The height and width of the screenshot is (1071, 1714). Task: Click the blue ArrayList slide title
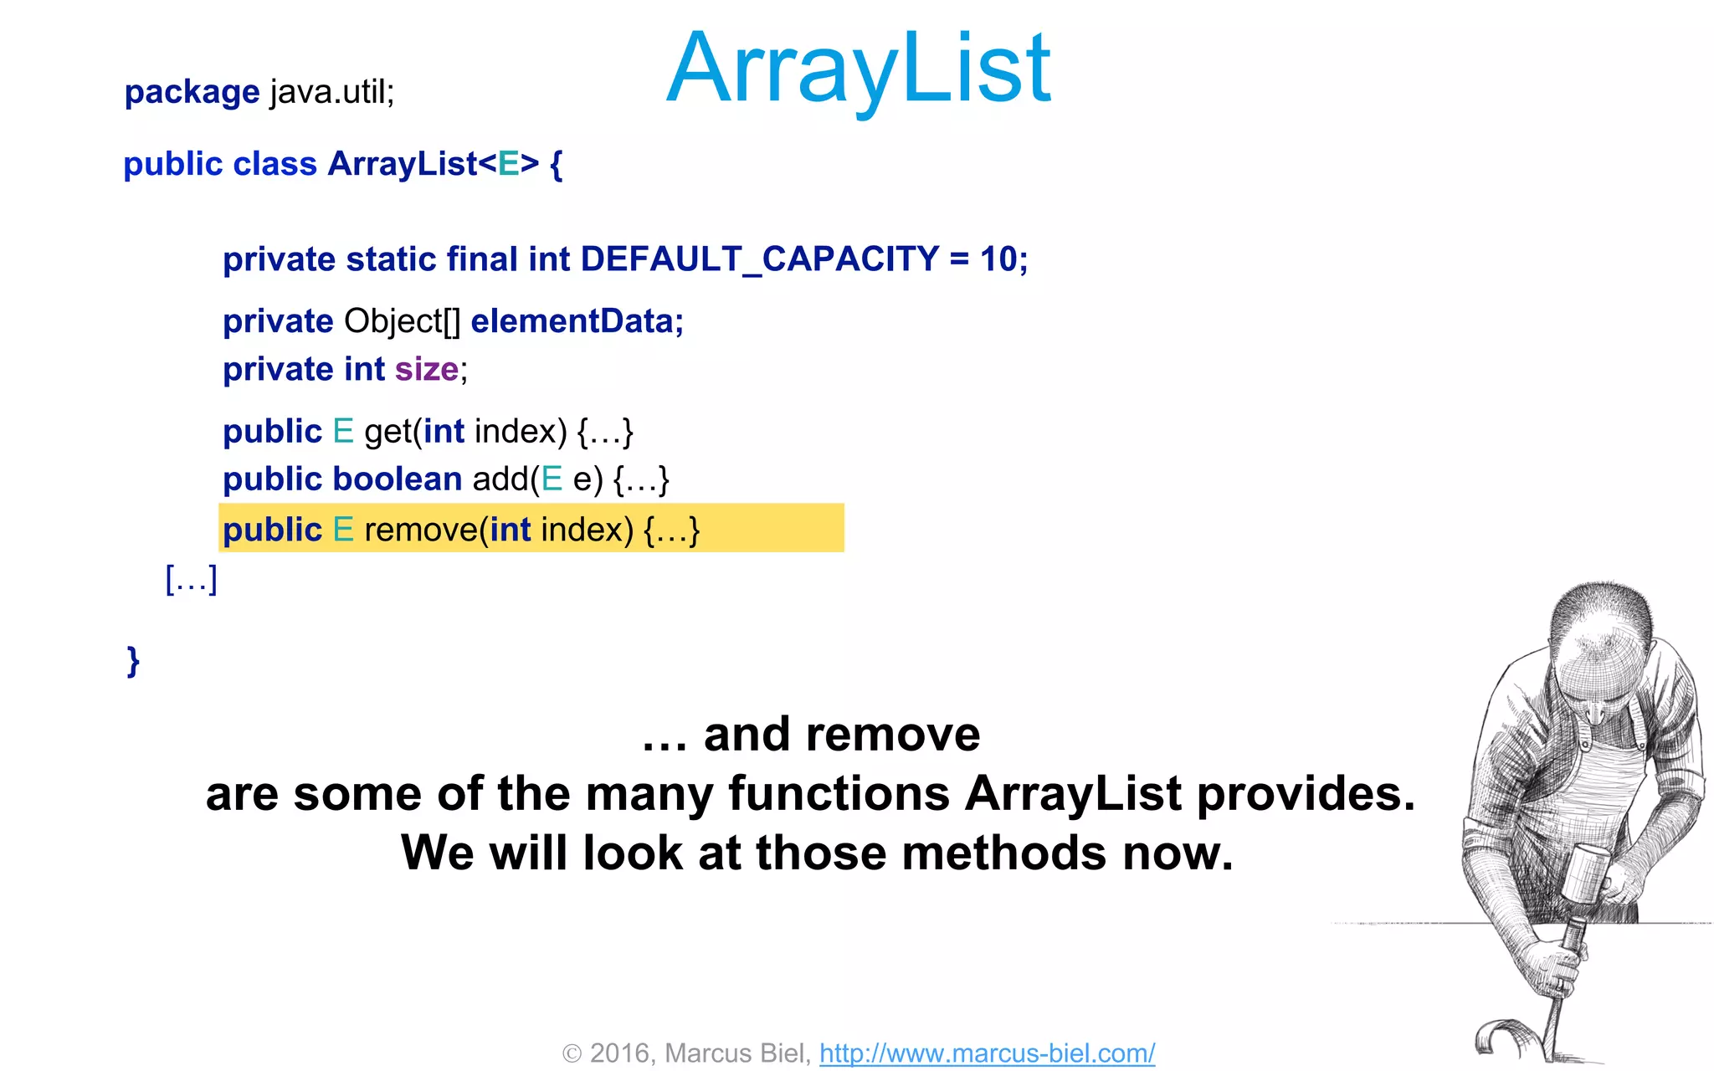pos(858,69)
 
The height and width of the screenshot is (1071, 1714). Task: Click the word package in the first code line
pos(192,92)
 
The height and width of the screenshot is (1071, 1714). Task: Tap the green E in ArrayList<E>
pos(508,164)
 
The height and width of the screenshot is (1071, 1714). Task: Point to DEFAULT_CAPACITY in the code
pos(760,259)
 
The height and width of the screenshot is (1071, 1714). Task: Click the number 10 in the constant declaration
pos(998,259)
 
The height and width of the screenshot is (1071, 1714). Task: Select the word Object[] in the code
pos(402,321)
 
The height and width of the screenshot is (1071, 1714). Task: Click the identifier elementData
pos(576,321)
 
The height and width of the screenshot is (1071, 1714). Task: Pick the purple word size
pos(426,369)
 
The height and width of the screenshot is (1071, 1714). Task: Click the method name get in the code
pos(387,433)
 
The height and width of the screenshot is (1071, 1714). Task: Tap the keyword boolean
pos(398,479)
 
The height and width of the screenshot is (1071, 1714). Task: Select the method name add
pos(500,479)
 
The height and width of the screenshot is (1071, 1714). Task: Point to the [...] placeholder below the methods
pos(192,579)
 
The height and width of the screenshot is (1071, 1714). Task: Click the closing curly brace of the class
pos(133,661)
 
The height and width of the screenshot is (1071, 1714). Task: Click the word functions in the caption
pos(839,793)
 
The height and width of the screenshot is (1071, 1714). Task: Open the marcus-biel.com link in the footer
pos(987,1053)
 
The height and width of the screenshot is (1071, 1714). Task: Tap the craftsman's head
pos(1599,644)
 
